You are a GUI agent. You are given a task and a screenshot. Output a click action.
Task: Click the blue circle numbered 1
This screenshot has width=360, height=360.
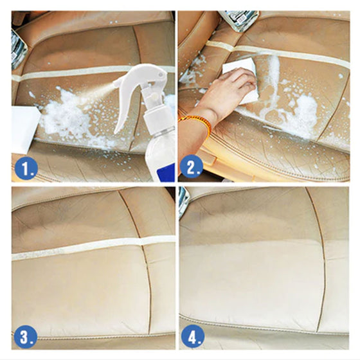[26, 168]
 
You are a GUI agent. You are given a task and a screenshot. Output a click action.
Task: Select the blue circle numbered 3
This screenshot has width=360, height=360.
[26, 336]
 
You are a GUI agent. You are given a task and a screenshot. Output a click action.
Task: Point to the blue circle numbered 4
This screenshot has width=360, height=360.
[192, 337]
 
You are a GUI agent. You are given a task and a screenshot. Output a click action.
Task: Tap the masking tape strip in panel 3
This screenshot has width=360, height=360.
[92, 248]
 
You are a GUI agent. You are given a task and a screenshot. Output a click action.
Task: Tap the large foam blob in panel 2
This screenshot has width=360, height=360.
[302, 115]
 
